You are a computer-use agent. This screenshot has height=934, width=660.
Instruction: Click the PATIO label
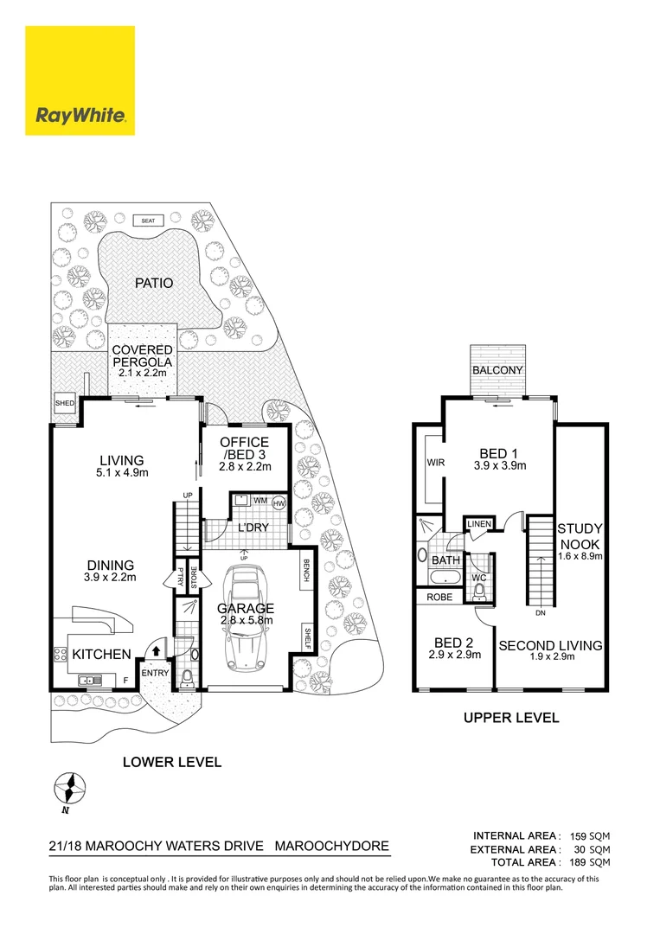153,283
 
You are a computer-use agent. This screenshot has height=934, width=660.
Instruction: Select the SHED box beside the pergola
64,403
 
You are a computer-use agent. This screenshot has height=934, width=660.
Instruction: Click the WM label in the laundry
260,501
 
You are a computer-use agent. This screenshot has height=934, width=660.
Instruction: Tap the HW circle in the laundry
279,502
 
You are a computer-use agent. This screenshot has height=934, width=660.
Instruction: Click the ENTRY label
156,673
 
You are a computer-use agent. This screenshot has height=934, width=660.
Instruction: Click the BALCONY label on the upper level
497,370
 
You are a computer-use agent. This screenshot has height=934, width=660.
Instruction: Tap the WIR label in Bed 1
435,464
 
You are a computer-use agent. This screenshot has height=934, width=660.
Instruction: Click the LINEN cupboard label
479,525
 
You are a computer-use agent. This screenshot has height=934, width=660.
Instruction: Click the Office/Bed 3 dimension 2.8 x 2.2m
246,466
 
